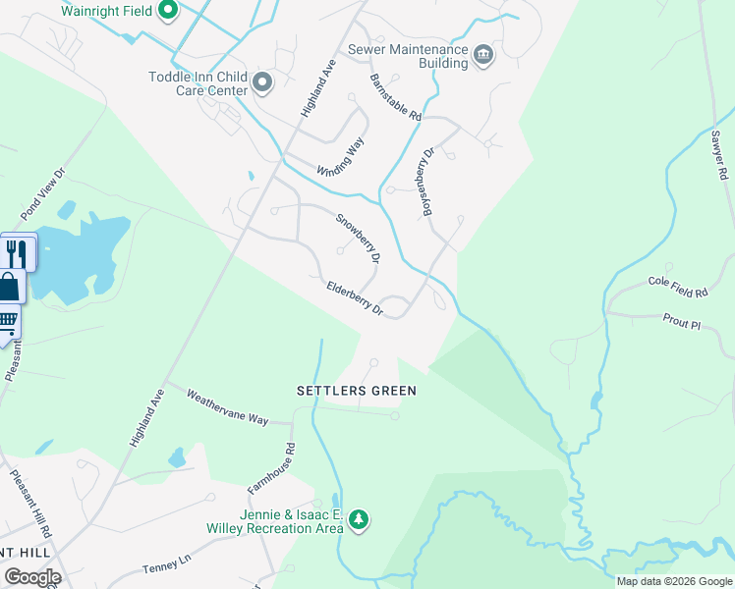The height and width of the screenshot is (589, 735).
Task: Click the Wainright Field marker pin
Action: coord(167,11)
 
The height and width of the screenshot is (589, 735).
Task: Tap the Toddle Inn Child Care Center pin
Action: coord(262,83)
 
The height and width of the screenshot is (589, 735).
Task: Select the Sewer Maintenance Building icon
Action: coord(482,54)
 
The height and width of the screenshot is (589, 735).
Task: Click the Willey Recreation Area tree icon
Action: coord(359,519)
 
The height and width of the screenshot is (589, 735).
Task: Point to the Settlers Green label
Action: coord(357,391)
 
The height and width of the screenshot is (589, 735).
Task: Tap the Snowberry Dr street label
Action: coord(359,239)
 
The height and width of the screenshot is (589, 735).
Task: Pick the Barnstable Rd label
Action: coord(396,97)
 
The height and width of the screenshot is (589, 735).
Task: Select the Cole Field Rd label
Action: coord(678,287)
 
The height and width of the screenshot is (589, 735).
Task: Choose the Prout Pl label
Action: coord(680,323)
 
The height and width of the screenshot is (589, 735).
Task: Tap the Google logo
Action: coord(32,577)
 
